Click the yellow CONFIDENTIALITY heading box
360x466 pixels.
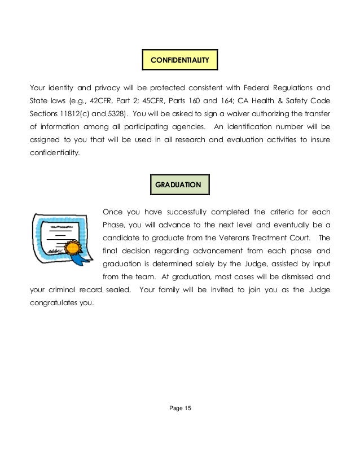coord(180,59)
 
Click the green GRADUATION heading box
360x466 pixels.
coord(180,184)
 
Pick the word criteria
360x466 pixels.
coord(277,212)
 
